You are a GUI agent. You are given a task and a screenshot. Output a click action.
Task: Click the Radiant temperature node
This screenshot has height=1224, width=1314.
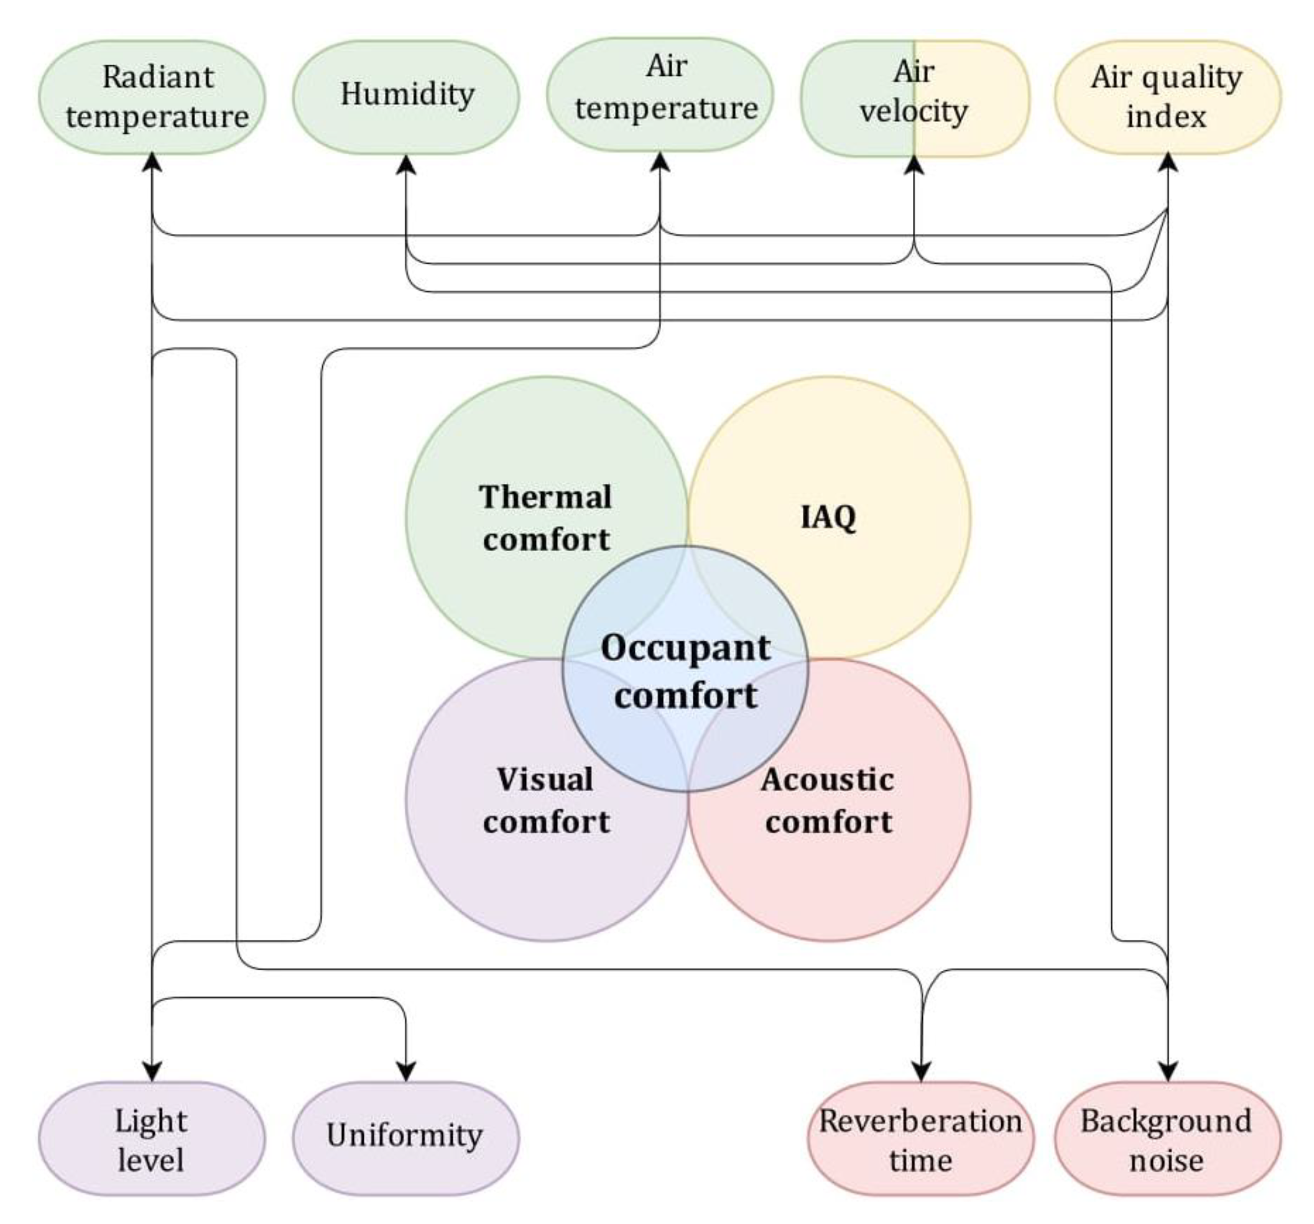click(x=152, y=97)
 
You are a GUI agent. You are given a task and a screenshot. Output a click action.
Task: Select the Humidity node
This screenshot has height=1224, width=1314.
click(x=406, y=96)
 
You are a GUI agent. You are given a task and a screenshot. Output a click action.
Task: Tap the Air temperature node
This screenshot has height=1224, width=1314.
click(x=660, y=94)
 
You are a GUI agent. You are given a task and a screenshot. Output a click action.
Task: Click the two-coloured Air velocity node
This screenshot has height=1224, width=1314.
click(x=914, y=98)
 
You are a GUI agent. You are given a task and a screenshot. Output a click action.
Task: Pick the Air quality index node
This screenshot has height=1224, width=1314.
click(x=1167, y=97)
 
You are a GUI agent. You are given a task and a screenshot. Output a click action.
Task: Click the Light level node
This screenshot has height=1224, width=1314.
click(x=151, y=1140)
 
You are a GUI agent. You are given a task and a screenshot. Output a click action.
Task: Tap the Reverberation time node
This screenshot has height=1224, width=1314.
click(x=921, y=1140)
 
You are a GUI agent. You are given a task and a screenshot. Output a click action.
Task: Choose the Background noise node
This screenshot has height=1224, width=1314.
click(x=1167, y=1140)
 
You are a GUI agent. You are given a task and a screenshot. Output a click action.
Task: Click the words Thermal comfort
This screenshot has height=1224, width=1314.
click(x=546, y=517)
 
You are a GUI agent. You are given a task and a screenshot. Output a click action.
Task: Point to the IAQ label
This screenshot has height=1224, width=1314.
click(x=828, y=517)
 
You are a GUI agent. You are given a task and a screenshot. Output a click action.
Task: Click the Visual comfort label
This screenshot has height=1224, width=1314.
click(x=546, y=800)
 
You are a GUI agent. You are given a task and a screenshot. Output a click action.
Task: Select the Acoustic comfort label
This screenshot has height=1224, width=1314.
click(x=828, y=800)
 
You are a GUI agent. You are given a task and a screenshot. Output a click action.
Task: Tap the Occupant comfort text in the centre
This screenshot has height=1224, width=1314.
click(x=685, y=671)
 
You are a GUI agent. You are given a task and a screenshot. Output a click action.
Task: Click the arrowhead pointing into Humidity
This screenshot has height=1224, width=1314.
click(x=406, y=165)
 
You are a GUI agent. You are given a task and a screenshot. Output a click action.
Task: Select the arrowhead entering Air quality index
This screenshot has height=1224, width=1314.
click(x=1168, y=162)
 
